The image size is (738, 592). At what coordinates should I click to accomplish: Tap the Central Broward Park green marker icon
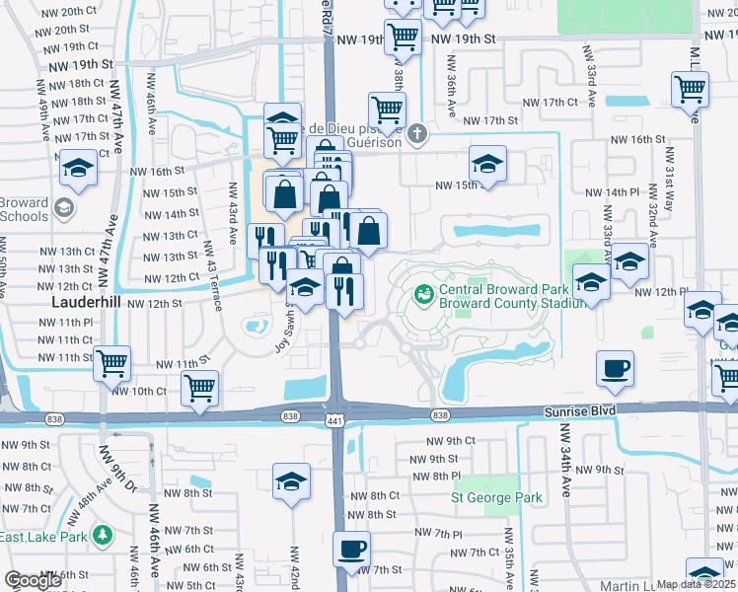424,293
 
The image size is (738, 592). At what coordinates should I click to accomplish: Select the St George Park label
497,498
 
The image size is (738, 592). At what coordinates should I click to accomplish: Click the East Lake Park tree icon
103,536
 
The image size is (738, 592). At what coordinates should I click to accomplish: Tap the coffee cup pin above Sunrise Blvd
615,369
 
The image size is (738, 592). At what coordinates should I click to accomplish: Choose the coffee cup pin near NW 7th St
351,548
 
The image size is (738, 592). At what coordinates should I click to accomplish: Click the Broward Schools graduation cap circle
64,208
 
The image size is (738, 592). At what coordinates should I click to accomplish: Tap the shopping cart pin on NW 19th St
403,37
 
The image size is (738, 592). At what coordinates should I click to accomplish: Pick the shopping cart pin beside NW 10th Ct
200,387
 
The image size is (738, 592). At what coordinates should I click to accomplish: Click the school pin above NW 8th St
291,483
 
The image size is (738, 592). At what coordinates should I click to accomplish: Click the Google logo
33,581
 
